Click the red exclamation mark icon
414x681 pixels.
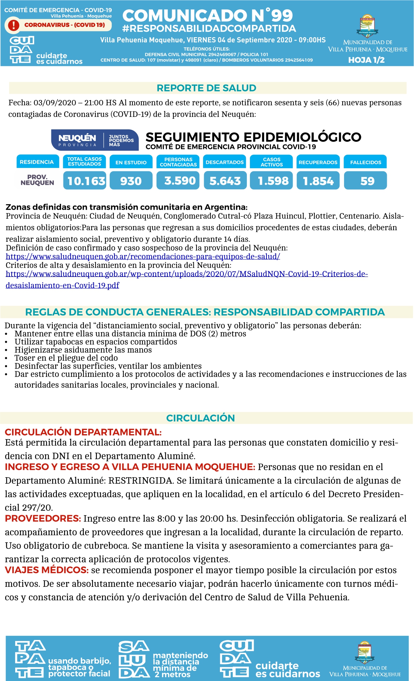13,25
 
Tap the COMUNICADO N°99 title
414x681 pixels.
208,16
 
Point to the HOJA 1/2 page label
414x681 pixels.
366,60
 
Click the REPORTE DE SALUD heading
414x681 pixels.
206,88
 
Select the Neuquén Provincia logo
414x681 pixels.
95,140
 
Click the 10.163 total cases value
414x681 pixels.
85,181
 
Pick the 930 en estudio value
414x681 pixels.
131,181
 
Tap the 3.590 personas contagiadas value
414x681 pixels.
178,181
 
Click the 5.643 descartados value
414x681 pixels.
225,181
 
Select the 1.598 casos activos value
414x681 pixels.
271,181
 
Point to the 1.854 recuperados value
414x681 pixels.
318,181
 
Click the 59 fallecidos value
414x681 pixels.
365,181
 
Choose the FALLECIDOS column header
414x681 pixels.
365,162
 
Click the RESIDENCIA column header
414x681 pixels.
37,162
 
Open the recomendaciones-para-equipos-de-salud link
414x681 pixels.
143,257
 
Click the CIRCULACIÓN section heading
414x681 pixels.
200,418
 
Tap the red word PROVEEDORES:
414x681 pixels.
43,519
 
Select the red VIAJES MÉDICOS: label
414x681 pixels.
47,570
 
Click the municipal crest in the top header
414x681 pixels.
367,26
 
